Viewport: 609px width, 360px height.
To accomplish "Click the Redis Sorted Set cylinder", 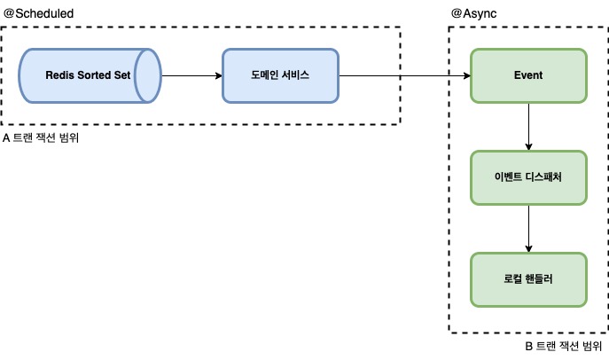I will click(89, 75).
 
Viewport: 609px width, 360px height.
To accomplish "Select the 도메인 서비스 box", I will click(279, 75).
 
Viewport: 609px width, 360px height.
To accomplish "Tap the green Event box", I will click(528, 75).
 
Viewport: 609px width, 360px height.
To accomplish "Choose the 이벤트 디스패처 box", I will click(528, 177).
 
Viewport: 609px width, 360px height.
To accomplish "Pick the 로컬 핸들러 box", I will click(528, 278).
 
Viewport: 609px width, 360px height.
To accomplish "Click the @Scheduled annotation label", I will click(39, 14).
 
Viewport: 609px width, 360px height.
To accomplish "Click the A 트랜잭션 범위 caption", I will click(41, 139).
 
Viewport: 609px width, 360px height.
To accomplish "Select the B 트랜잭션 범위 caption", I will click(564, 346).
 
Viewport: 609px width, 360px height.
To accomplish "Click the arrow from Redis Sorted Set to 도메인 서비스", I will click(191, 75).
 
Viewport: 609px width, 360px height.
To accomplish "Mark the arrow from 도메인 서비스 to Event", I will click(403, 75).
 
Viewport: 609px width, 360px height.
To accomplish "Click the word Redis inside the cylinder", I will click(61, 75).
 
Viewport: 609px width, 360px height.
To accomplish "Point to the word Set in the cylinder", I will click(121, 75).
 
